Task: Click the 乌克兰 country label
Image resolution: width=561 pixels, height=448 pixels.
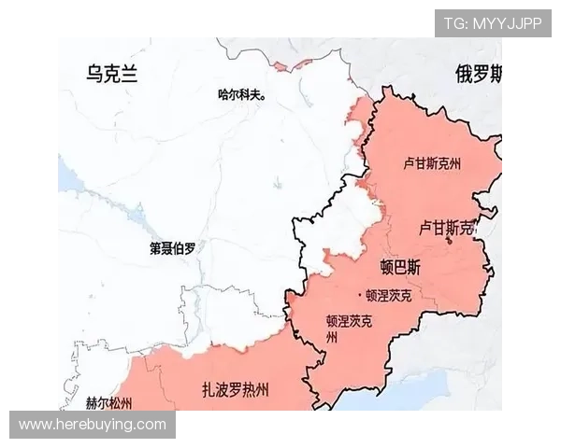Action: point(111,75)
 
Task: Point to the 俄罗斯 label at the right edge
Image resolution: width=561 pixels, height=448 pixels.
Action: point(479,75)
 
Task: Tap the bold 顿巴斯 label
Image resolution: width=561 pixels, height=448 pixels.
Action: point(401,267)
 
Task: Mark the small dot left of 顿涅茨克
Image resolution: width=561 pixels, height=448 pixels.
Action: point(359,296)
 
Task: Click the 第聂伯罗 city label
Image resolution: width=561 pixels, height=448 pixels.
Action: point(173,248)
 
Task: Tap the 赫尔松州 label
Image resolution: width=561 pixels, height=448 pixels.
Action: point(108,403)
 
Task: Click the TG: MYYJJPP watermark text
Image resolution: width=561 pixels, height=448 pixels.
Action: point(493,23)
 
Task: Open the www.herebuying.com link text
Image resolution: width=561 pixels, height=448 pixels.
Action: point(93,425)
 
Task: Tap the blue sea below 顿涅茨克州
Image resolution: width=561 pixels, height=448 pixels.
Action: point(411,397)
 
